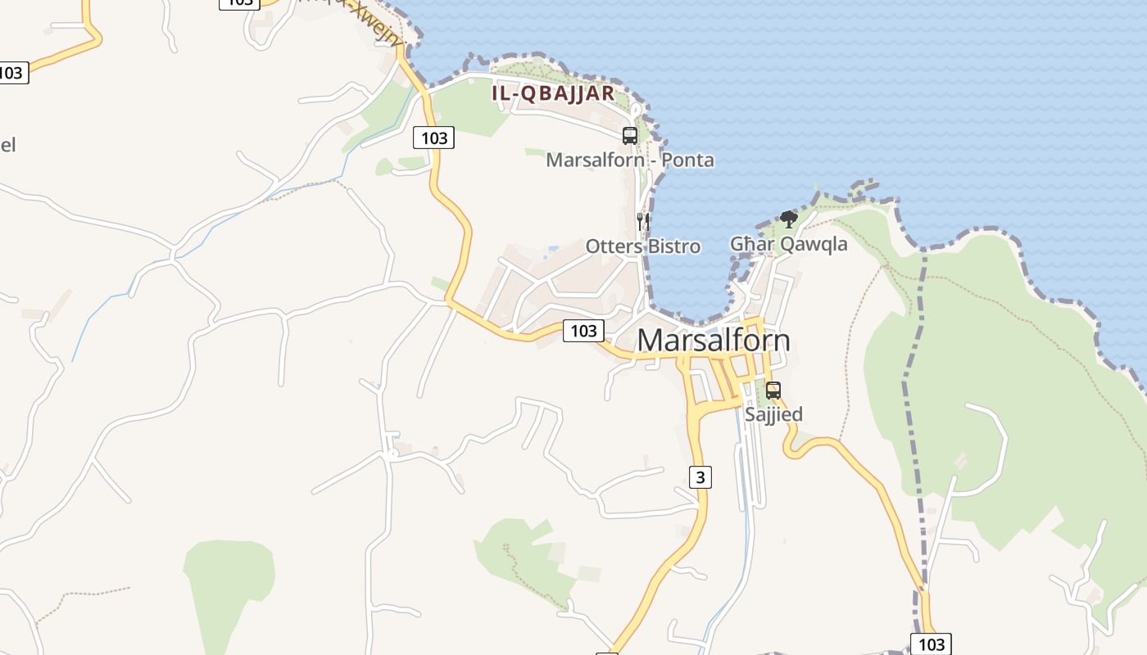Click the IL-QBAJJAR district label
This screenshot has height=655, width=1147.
click(553, 93)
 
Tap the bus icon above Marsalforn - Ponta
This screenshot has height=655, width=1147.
click(629, 136)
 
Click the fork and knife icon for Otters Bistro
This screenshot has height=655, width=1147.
click(643, 221)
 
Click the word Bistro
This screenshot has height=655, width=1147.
click(673, 246)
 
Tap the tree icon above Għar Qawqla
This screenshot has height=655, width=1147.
click(788, 219)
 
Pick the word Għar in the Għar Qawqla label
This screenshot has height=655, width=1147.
click(752, 244)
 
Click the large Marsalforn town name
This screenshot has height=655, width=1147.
click(714, 341)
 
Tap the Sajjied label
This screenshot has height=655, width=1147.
click(773, 414)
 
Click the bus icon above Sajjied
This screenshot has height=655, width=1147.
click(773, 391)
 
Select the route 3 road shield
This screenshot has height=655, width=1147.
click(700, 477)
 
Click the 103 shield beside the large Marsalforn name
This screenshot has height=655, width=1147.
click(583, 331)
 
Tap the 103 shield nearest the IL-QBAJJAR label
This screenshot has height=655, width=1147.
click(433, 138)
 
